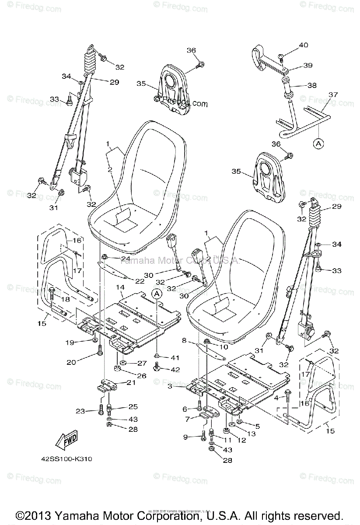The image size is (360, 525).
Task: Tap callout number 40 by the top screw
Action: tap(304, 45)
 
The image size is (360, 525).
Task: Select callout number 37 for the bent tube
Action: tap(333, 95)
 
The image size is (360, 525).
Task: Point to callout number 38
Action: tap(311, 86)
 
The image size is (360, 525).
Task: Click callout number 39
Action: tap(308, 65)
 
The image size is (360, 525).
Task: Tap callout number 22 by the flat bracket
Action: tap(140, 280)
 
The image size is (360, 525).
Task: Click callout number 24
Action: tap(126, 258)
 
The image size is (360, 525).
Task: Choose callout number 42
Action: tap(175, 369)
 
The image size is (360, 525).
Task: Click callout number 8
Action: tap(185, 340)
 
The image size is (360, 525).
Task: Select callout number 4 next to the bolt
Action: tap(276, 397)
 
